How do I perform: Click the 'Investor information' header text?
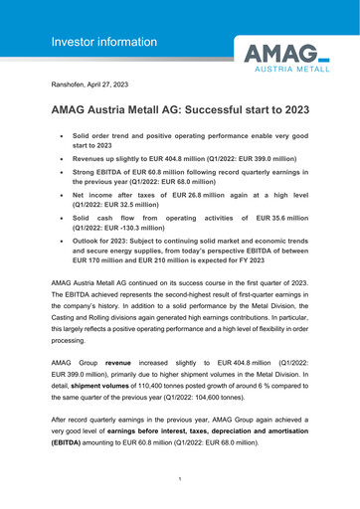coord(105,42)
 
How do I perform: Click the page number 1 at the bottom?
coord(180,479)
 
